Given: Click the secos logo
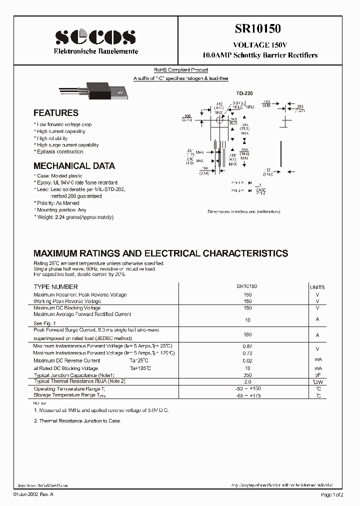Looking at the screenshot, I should point(95,37).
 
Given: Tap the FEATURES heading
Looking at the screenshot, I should point(56,113).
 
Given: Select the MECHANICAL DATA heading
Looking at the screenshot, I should point(74,166).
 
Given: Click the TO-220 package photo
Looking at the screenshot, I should point(95,91).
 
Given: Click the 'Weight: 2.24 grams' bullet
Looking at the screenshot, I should point(74,217).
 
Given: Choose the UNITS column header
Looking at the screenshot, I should point(317,287).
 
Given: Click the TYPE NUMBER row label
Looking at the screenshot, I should point(55,287).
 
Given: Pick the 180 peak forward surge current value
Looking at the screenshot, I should point(247,334).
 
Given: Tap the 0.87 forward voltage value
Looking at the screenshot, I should point(247,346).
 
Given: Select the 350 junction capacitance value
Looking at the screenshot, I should point(247,374).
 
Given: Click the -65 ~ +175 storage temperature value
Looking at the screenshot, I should point(247,395).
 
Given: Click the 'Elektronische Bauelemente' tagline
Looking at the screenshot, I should point(96,51).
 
